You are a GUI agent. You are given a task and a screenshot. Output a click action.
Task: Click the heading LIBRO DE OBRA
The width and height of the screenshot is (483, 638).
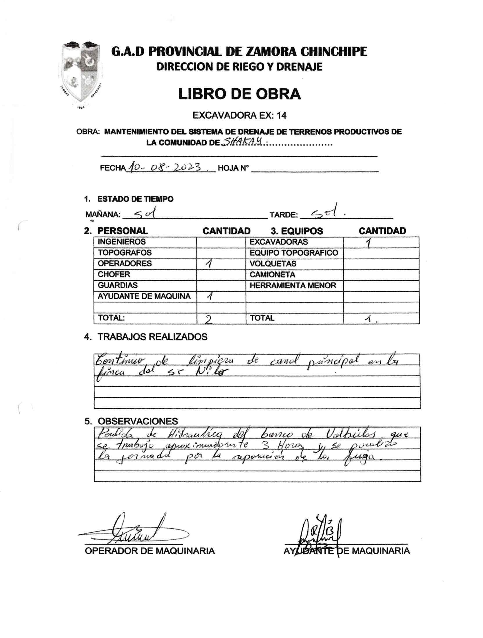(x=239, y=94)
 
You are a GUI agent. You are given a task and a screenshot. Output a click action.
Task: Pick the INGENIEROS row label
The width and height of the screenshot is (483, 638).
(x=122, y=242)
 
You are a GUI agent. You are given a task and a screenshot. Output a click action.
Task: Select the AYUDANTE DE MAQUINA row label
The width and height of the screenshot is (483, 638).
(x=144, y=296)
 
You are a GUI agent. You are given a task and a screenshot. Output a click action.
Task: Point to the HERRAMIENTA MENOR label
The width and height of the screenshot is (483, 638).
(x=293, y=285)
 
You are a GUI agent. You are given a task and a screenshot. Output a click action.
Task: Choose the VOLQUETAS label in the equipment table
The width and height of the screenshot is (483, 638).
(x=273, y=264)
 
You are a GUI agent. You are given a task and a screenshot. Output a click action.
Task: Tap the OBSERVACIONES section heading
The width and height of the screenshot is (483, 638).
(x=138, y=421)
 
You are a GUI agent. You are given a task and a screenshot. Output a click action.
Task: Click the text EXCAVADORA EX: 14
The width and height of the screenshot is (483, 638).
(x=239, y=115)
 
